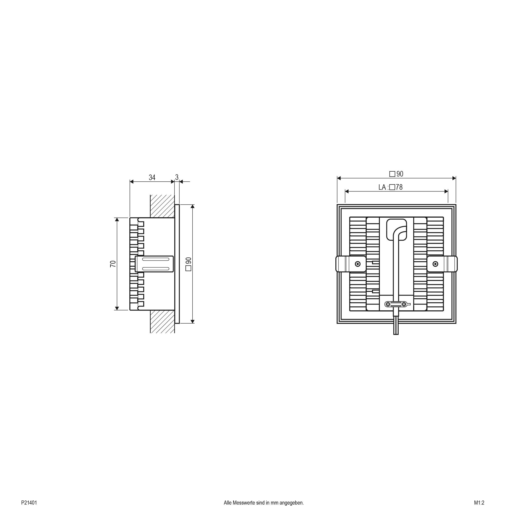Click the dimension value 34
point(152,178)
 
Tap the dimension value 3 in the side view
point(177,177)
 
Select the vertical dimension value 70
point(113,264)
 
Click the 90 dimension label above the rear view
point(396,174)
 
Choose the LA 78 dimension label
point(391,187)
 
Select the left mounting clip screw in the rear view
point(358,264)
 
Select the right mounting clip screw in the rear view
point(435,264)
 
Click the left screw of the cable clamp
point(388,304)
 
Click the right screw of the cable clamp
point(404,304)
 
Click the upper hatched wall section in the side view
point(162,206)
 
